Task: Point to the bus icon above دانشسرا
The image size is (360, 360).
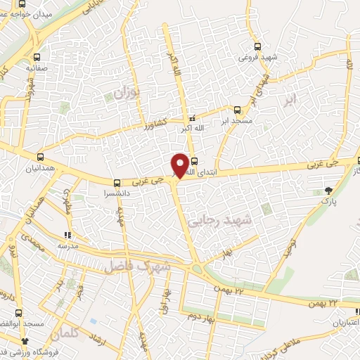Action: point(117,182)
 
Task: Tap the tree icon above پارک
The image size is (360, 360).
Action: point(329,190)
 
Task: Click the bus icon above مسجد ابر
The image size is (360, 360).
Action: point(237,109)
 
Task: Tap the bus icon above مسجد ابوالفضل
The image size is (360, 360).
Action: point(20,314)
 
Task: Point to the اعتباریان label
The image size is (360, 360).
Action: point(342,322)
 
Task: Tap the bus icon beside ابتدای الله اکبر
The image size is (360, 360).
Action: point(194,160)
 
